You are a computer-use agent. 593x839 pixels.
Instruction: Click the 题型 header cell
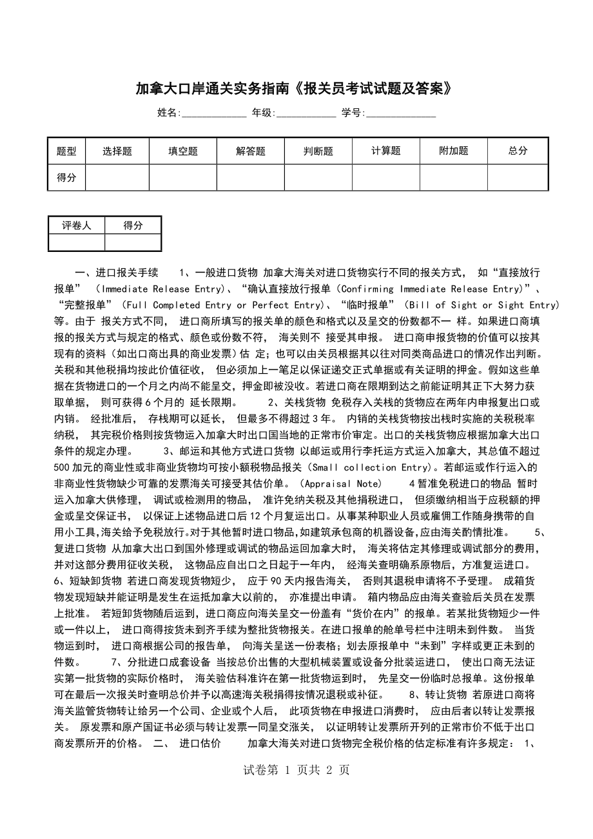click(x=66, y=151)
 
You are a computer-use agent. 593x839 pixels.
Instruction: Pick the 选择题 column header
click(x=117, y=151)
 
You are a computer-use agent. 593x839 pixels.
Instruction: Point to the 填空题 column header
click(x=183, y=151)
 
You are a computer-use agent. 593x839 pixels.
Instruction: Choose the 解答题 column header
click(x=251, y=151)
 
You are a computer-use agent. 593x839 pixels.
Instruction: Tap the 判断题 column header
click(x=318, y=151)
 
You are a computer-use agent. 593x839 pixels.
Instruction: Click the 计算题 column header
click(x=386, y=151)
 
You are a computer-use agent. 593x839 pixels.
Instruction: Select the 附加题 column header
click(x=454, y=151)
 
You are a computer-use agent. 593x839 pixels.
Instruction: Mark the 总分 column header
click(x=518, y=151)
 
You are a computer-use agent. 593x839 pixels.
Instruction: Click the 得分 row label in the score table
click(x=66, y=178)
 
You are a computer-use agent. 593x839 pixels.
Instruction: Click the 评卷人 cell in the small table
click(x=77, y=226)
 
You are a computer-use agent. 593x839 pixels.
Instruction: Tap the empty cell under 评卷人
click(x=77, y=242)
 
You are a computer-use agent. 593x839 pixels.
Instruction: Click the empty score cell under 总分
click(x=518, y=178)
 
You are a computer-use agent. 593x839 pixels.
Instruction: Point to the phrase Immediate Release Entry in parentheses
click(x=160, y=289)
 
